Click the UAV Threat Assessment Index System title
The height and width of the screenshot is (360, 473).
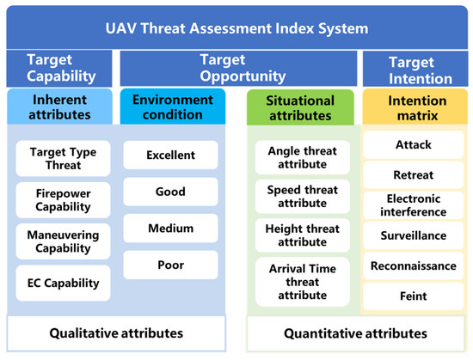pyautogui.click(x=236, y=27)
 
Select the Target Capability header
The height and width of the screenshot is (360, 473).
pyautogui.click(x=59, y=69)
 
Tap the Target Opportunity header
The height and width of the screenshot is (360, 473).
pyautogui.click(x=238, y=69)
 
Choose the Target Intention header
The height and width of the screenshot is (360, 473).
pyautogui.click(x=415, y=69)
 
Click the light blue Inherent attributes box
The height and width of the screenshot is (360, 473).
pyautogui.click(x=59, y=107)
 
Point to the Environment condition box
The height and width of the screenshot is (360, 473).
pyautogui.click(x=173, y=107)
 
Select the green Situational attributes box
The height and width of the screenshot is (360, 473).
pyautogui.click(x=300, y=107)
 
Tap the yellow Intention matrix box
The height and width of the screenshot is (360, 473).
pyautogui.click(x=415, y=107)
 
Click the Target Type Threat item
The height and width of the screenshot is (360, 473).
pyautogui.click(x=63, y=158)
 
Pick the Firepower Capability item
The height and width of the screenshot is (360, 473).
pyautogui.click(x=63, y=200)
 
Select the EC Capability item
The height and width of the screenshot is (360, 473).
pyautogui.click(x=63, y=283)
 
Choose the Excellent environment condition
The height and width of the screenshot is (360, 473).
pyautogui.click(x=171, y=156)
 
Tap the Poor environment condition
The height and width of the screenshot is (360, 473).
pyautogui.click(x=171, y=265)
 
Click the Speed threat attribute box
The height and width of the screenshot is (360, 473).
pyautogui.click(x=303, y=197)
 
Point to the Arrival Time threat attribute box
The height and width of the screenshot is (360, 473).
pyautogui.click(x=303, y=282)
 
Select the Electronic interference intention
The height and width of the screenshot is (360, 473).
pyautogui.click(x=414, y=205)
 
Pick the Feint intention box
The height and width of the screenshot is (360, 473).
pyautogui.click(x=414, y=296)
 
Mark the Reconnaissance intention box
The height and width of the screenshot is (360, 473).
pyautogui.click(x=414, y=265)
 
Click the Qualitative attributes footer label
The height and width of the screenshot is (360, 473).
pyautogui.click(x=116, y=333)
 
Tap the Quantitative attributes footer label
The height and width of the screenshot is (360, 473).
pyautogui.click(x=356, y=333)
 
